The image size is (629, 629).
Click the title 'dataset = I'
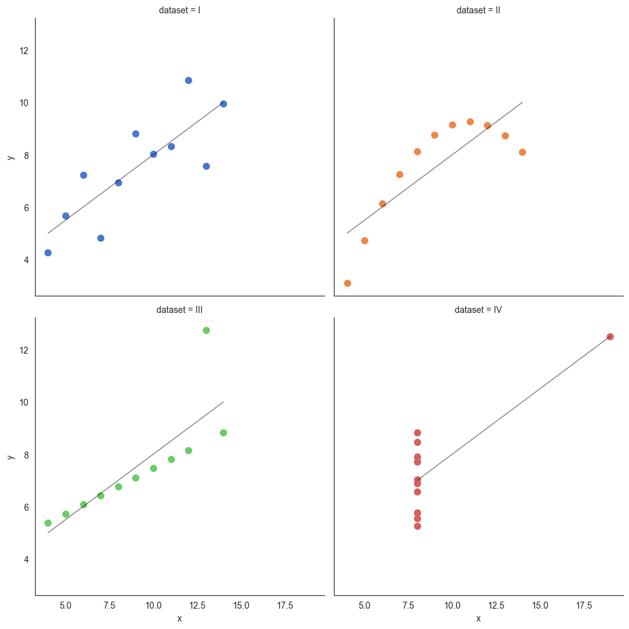click(179, 10)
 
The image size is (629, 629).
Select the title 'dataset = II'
click(478, 10)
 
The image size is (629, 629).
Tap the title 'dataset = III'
click(179, 310)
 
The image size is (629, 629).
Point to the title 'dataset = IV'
click(478, 310)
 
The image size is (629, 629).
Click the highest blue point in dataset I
click(188, 80)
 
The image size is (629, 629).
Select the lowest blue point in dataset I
click(48, 252)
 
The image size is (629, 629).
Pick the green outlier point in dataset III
click(206, 330)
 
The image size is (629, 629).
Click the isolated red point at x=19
click(610, 336)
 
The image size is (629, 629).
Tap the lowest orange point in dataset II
click(347, 283)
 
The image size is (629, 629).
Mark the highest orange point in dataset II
click(470, 121)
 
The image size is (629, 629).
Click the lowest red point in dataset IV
click(417, 526)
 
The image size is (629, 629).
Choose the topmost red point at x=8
click(417, 432)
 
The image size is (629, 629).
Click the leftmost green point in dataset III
click(48, 523)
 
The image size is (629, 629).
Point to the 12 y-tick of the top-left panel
click(24, 51)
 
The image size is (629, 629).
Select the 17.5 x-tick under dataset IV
click(584, 605)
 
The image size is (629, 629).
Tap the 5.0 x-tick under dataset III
click(66, 605)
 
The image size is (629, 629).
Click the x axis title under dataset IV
click(478, 619)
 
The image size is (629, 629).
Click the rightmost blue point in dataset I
click(223, 104)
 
